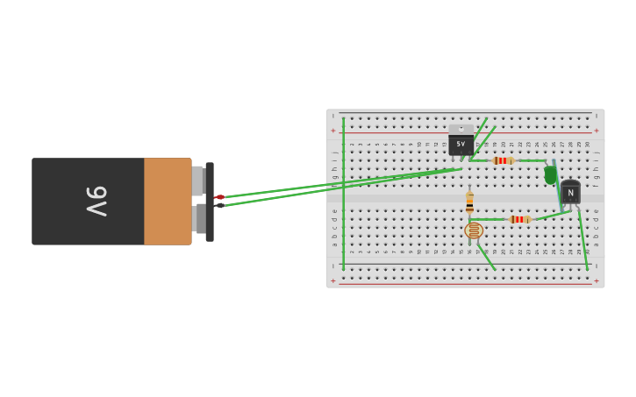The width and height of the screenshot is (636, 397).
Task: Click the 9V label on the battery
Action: click(96, 201)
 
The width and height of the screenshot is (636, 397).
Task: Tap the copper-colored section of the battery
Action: click(168, 201)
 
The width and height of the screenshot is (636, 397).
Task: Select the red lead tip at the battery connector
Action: click(219, 197)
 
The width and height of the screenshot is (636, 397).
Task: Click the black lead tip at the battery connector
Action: click(219, 205)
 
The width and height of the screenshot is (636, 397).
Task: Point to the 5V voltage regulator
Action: click(461, 144)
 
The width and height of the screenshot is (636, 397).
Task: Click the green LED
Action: click(550, 174)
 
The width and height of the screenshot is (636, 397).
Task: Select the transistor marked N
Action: click(570, 192)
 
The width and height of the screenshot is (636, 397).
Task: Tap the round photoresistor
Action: click(474, 230)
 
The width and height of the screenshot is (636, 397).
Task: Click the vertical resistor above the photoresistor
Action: click(469, 202)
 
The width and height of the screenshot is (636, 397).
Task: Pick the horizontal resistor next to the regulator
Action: click(502, 160)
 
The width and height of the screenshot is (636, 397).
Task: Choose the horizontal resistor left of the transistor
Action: click(518, 219)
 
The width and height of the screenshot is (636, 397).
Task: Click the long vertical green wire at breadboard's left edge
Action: click(343, 193)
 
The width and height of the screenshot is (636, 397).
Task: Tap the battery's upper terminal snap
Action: click(197, 181)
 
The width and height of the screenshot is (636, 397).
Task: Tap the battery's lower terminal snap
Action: click(200, 219)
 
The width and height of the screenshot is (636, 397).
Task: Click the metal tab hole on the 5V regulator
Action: click(461, 128)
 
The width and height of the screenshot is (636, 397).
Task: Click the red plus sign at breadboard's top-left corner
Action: click(332, 131)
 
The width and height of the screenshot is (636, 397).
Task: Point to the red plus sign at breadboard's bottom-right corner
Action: click(597, 281)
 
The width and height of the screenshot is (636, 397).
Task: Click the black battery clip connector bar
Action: click(210, 202)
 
